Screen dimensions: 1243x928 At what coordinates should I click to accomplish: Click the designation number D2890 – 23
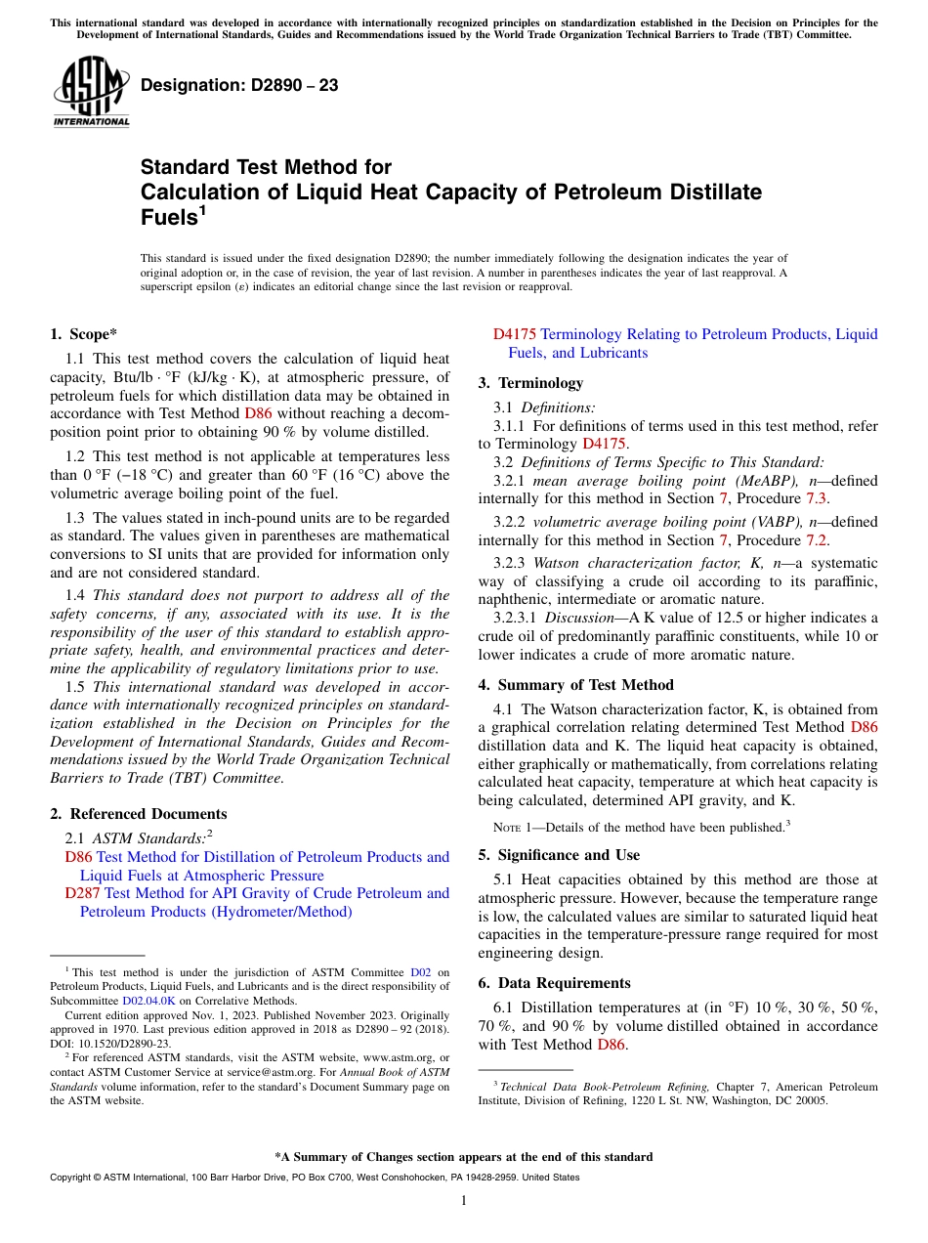tap(239, 85)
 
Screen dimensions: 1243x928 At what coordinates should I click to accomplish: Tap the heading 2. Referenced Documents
tap(139, 814)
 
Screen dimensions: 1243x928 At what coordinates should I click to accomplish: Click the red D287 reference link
tap(81, 893)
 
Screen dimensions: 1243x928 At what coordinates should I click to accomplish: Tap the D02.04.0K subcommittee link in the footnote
tap(148, 1001)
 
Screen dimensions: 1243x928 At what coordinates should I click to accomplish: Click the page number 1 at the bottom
tap(464, 1201)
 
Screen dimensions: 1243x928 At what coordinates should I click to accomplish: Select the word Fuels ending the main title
tap(168, 218)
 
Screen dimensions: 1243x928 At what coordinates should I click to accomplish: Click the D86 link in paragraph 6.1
tap(611, 1045)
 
